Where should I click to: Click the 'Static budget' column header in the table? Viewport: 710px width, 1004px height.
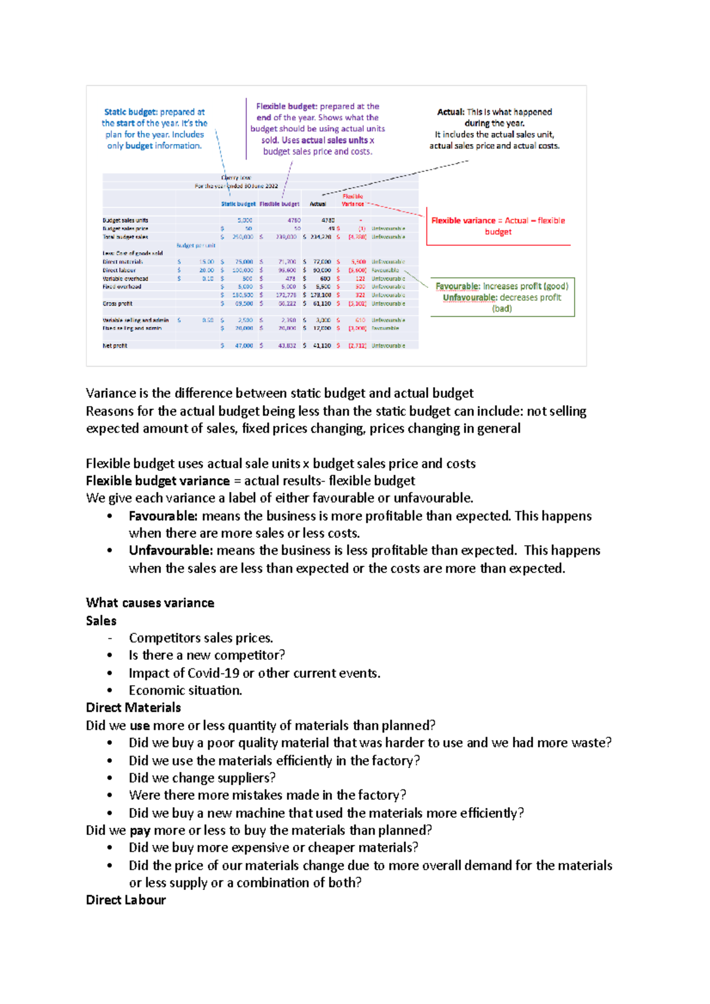(238, 204)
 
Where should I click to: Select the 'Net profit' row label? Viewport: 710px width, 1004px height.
(115, 345)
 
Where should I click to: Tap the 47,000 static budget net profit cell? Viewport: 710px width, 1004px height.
(243, 345)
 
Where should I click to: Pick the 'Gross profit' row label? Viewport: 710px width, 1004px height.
(117, 303)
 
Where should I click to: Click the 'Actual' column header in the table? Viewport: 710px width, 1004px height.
(318, 204)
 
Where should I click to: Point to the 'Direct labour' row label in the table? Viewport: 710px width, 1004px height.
(119, 270)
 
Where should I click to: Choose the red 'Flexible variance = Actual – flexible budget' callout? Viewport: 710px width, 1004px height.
(498, 226)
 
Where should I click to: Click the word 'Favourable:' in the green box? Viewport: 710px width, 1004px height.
(457, 286)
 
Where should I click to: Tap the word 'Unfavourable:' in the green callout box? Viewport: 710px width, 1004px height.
(470, 297)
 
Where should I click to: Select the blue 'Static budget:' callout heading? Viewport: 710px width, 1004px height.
(130, 112)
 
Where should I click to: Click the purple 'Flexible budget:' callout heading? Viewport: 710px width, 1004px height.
(286, 106)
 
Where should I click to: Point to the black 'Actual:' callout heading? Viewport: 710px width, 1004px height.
(450, 112)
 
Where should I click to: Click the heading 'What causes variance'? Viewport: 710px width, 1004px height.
(150, 603)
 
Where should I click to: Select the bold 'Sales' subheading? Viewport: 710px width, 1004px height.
(101, 621)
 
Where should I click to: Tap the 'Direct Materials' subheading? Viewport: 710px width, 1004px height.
(133, 708)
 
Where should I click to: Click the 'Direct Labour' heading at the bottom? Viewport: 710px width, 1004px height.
(125, 900)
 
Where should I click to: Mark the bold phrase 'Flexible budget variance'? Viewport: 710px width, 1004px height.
(157, 481)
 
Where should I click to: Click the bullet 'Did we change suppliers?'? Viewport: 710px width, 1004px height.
(202, 778)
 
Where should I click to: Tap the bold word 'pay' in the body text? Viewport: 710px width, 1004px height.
(140, 830)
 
